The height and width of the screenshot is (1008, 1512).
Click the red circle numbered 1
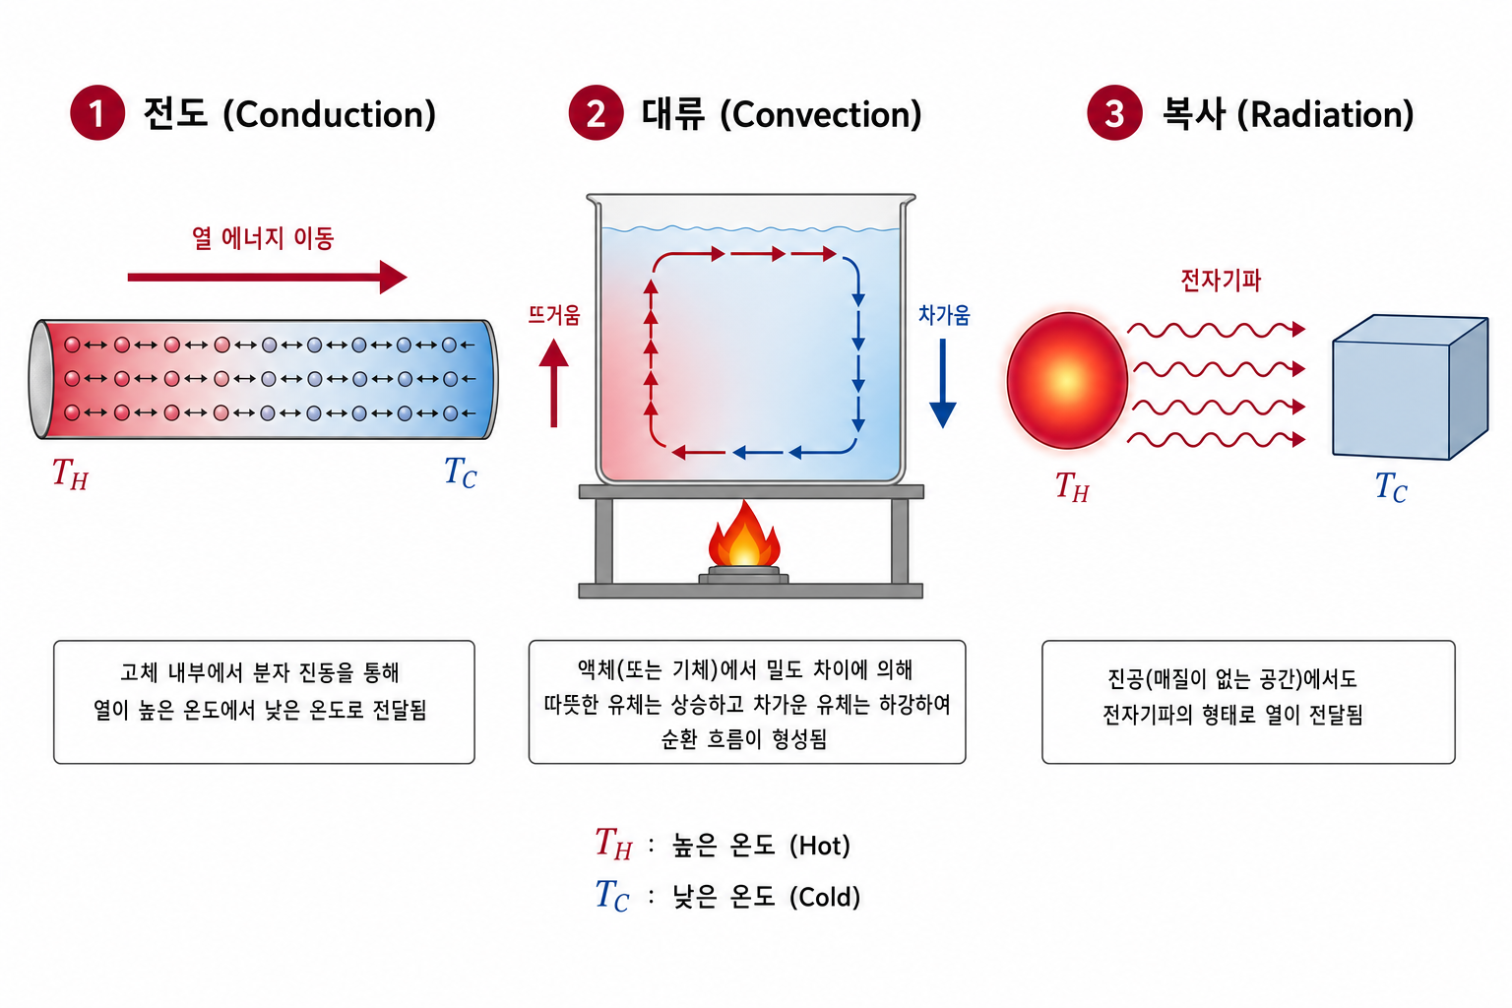coord(97,113)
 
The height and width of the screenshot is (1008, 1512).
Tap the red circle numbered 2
coord(596,113)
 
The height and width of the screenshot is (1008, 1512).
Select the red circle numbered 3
coord(1113,113)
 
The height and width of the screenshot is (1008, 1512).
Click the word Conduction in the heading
coord(330,115)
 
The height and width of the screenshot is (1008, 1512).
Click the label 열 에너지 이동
coord(263,238)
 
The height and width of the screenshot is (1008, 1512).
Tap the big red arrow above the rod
coord(268,277)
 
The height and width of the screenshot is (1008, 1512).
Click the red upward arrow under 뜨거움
coord(553,383)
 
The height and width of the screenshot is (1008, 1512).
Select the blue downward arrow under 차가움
coord(942,383)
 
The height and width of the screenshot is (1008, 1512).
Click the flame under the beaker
coord(744,534)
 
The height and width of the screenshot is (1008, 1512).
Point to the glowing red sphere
coord(1066,380)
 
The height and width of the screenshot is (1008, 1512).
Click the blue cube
coord(1410,387)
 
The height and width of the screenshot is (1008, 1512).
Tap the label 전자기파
coord(1221,281)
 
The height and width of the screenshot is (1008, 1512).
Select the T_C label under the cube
coord(1391,487)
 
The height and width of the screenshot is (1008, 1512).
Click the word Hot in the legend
coord(820,846)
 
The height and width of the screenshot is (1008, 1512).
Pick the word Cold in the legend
coord(825,898)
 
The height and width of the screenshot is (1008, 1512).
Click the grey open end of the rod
coord(39,379)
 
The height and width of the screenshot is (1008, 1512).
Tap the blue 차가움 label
coord(944,315)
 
